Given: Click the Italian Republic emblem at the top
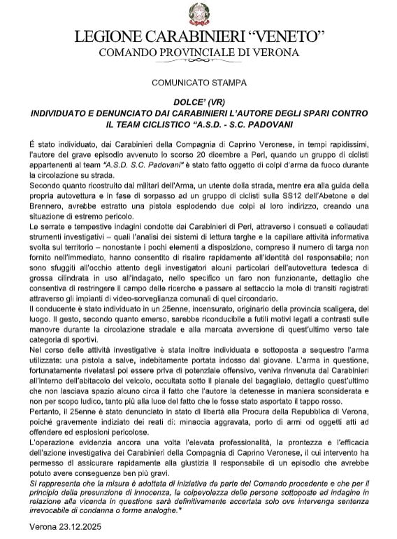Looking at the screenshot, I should pos(198,13).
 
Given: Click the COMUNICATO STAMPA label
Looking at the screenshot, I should pos(198,83).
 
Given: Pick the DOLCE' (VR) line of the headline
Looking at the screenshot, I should pos(198,102).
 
